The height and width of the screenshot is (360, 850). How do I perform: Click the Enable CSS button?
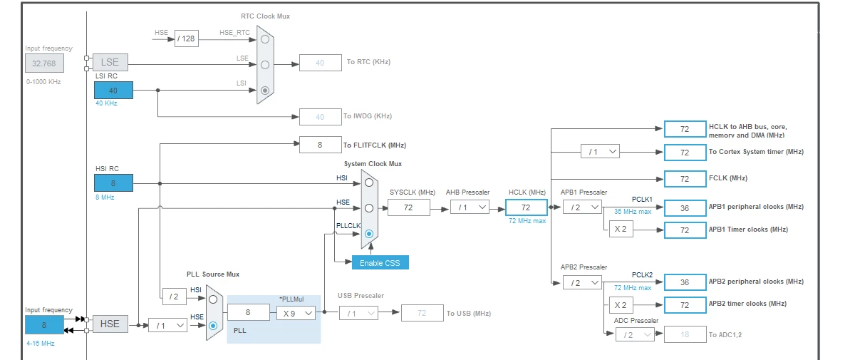coord(380,262)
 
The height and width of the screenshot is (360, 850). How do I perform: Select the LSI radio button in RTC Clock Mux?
coord(264,91)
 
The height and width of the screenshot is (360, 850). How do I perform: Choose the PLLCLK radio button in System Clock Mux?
coord(369,234)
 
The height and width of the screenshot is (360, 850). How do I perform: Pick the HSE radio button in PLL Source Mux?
coord(213,325)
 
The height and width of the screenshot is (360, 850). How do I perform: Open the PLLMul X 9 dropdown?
coord(296,313)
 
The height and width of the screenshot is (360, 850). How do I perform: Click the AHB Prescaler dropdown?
coord(470,207)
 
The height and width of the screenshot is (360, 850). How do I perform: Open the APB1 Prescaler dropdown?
coord(582,207)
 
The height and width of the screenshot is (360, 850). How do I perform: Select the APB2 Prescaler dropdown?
coord(582,282)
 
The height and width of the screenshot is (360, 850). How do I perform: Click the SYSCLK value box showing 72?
coord(409,207)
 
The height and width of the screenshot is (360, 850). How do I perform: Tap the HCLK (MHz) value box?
coord(526,207)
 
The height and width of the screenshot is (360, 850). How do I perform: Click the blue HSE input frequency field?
coord(44,325)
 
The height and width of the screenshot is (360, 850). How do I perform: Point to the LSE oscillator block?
coord(110,62)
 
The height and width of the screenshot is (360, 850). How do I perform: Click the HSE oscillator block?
coord(110,324)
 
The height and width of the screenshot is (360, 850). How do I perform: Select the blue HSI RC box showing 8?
coord(113,183)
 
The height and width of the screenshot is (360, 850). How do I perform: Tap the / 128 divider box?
coord(186,38)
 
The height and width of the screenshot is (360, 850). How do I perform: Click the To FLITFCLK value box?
coord(321,145)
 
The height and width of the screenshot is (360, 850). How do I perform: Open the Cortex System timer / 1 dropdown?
coord(600,152)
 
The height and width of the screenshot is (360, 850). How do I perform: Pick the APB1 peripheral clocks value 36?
coord(685,207)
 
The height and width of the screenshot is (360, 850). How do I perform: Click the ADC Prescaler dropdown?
coord(635,334)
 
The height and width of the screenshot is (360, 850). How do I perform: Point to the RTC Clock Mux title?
coord(266,16)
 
